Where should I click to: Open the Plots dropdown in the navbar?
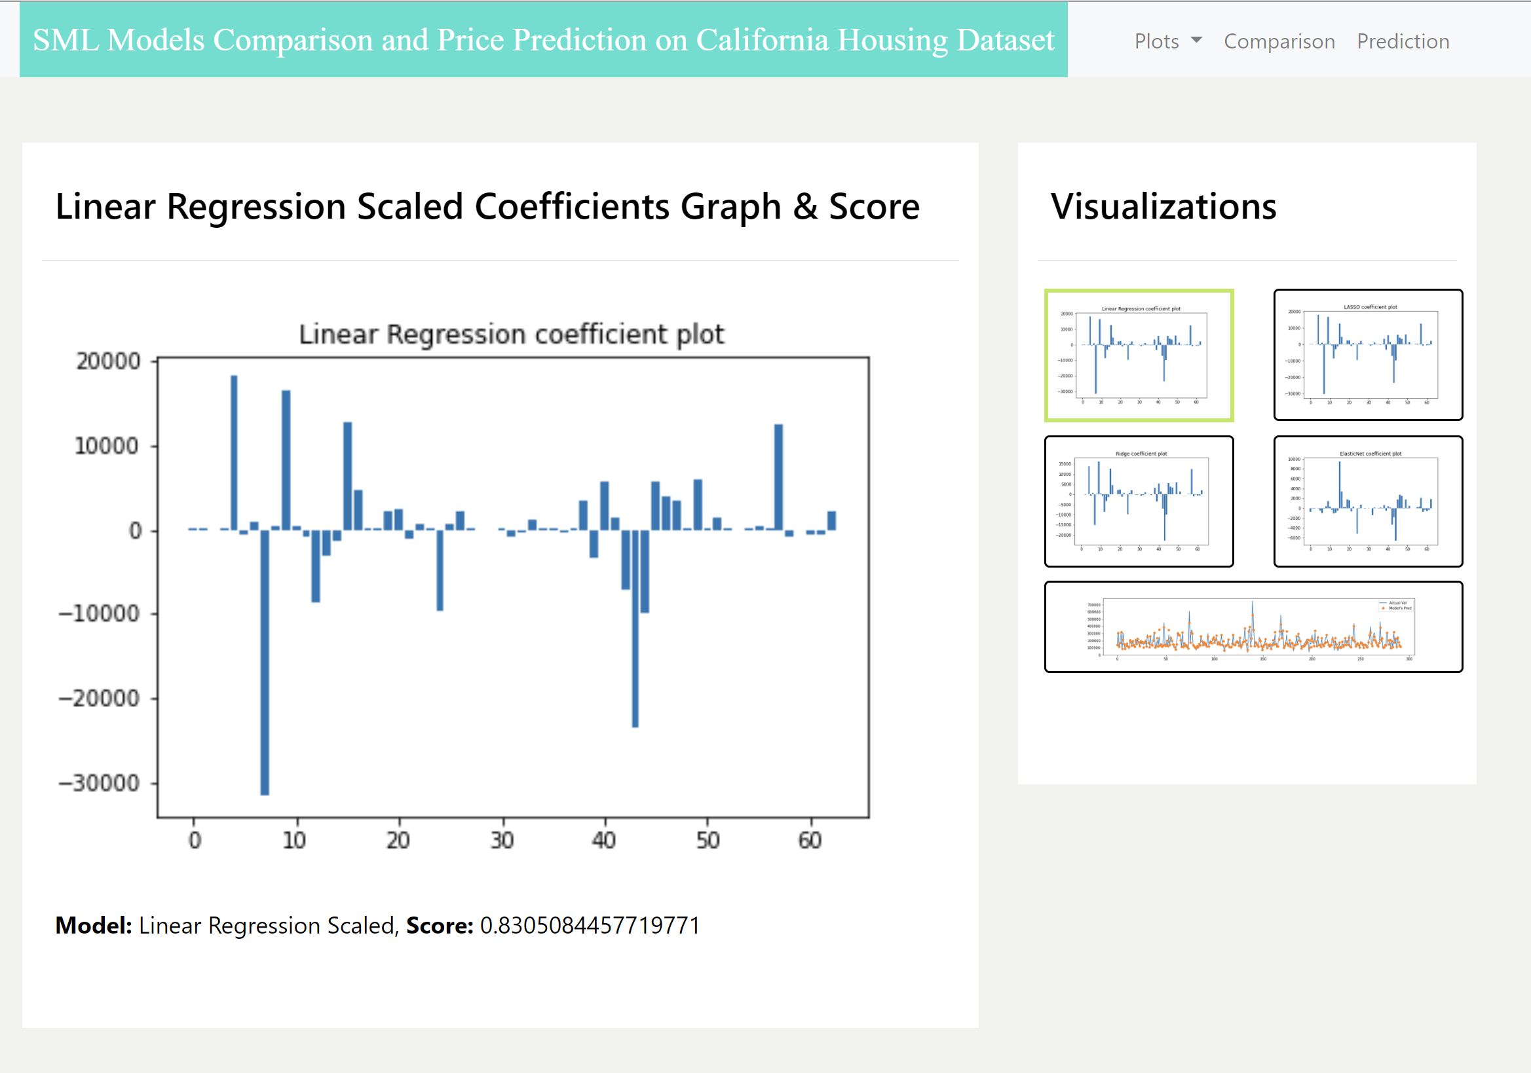1167,41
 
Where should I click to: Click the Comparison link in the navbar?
1279,41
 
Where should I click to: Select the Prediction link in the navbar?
1403,41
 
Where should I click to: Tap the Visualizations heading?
1163,206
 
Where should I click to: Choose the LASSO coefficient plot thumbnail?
1368,355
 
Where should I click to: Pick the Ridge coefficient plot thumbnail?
1138,501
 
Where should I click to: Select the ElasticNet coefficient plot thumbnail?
1368,501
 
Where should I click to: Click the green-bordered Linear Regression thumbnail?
1138,355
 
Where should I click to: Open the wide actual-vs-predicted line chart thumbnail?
1253,627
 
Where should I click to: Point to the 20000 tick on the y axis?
109,361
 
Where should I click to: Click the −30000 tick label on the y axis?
100,783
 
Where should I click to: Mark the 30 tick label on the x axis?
502,841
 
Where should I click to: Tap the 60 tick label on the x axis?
810,841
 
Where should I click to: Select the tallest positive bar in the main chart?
234,452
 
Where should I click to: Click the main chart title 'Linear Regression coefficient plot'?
512,334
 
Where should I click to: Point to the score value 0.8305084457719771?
590,925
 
